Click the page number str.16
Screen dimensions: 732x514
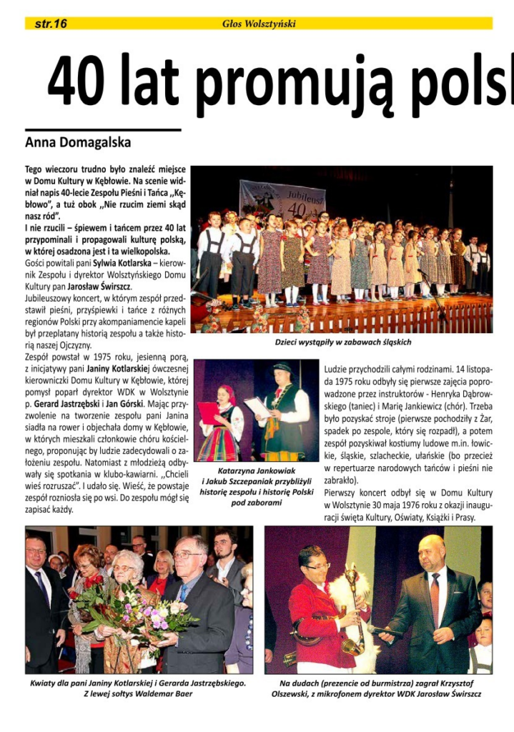tap(51, 24)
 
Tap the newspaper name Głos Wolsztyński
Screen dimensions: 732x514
tap(259, 24)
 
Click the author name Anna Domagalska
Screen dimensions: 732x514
tap(78, 142)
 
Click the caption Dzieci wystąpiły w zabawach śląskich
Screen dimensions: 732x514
tap(343, 342)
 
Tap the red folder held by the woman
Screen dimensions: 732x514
tap(208, 413)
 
